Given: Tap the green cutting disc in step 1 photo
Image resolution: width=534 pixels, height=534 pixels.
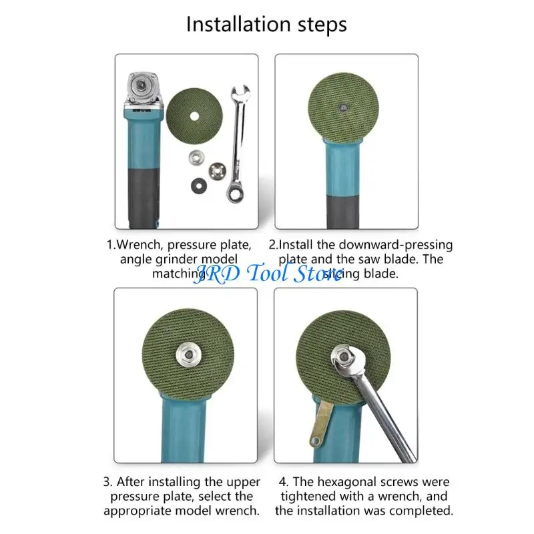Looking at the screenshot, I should [x=194, y=117].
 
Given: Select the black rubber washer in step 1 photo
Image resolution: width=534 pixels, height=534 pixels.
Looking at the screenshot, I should [x=198, y=184].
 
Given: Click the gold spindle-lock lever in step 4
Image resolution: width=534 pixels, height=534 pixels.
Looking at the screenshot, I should [x=318, y=425].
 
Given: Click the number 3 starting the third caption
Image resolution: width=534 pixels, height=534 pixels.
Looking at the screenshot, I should [x=107, y=481].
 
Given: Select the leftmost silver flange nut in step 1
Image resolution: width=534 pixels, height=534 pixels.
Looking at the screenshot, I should [x=196, y=158].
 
